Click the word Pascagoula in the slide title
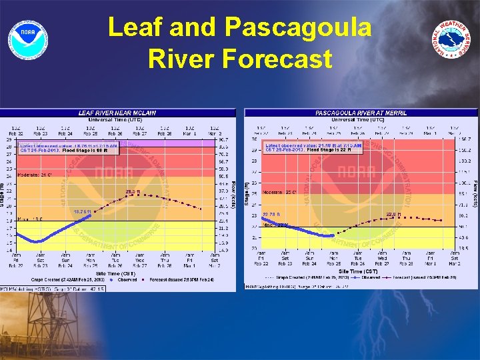[299, 28]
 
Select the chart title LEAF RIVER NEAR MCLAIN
[118, 113]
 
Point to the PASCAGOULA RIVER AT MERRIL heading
[361, 113]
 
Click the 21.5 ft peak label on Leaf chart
[133, 192]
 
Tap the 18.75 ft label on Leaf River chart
[82, 211]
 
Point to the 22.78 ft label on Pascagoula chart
[271, 214]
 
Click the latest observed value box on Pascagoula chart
[313, 147]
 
